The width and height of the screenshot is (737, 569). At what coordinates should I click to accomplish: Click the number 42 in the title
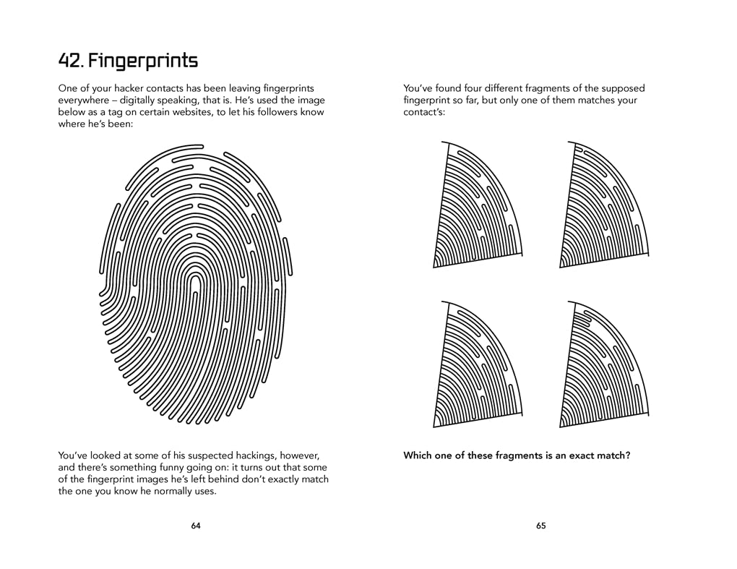click(69, 60)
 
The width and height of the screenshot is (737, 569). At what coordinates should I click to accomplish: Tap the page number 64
click(196, 526)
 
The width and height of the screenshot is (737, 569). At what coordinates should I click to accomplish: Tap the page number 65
click(540, 526)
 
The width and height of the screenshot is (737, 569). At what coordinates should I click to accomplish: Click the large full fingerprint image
click(195, 286)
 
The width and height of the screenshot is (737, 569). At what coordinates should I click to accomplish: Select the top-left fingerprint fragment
click(477, 206)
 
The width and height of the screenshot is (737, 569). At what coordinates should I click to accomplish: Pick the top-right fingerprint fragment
click(603, 206)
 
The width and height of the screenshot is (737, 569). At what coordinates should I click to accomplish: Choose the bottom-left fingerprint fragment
click(477, 365)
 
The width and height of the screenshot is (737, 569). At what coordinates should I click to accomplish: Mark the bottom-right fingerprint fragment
click(603, 365)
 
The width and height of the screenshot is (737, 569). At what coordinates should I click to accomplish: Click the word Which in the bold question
click(418, 455)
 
